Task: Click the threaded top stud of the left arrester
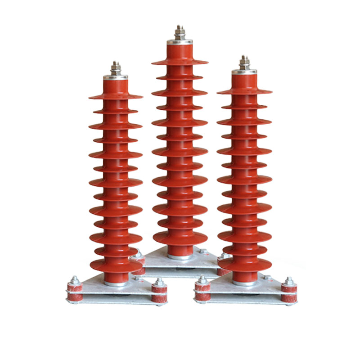[x=116, y=68]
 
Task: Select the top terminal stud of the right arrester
[x=244, y=62]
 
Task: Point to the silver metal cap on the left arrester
[x=116, y=77]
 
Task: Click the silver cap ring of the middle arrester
[x=180, y=42]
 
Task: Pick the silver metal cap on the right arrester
[x=244, y=72]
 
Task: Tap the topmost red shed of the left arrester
[x=116, y=96]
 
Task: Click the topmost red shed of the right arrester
[x=244, y=91]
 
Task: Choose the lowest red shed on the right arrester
[x=245, y=264]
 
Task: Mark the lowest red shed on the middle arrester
[x=180, y=238]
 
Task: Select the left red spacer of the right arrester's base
[x=203, y=291]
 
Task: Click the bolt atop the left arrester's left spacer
[x=75, y=280]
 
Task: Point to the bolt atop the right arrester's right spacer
[x=289, y=281]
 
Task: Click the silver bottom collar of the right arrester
[x=245, y=283]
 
